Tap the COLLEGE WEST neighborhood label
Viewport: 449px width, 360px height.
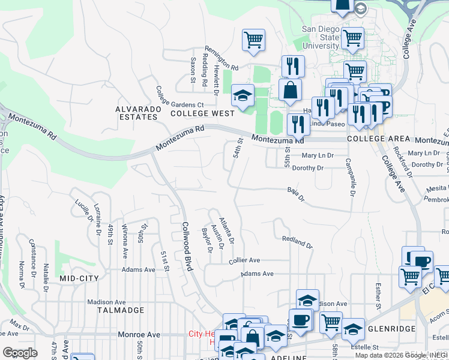point(202,113)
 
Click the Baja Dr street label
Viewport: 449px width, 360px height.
point(296,194)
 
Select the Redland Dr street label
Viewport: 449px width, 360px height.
point(297,242)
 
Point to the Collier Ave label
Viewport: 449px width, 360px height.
point(244,261)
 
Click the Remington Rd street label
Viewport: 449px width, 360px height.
point(221,58)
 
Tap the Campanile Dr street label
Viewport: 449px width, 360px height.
point(348,177)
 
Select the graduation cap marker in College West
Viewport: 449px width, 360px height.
point(243,95)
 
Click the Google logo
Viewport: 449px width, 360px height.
point(20,353)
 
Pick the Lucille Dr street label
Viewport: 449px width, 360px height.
point(80,210)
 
